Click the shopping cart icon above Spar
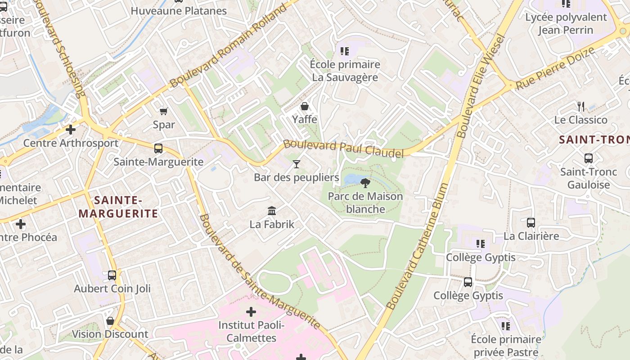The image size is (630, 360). pyautogui.click(x=164, y=111)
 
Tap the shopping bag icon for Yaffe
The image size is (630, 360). pyautogui.click(x=305, y=107)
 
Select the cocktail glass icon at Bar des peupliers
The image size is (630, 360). pyautogui.click(x=296, y=164)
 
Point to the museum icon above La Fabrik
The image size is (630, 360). pyautogui.click(x=272, y=211)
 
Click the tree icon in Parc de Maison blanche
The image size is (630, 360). pyautogui.click(x=365, y=183)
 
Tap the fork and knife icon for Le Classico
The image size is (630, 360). pyautogui.click(x=581, y=107)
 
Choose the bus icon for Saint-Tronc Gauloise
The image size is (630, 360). pyautogui.click(x=588, y=158)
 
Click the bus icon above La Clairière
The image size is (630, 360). pyautogui.click(x=531, y=222)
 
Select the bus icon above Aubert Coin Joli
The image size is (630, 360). pyautogui.click(x=112, y=275)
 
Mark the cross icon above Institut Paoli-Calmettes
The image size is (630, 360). pyautogui.click(x=251, y=311)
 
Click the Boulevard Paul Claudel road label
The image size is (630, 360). pyautogui.click(x=343, y=149)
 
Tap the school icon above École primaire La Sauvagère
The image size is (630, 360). pyautogui.click(x=345, y=51)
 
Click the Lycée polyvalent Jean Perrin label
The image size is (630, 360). pyautogui.click(x=566, y=24)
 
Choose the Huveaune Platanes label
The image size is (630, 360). pyautogui.click(x=179, y=11)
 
